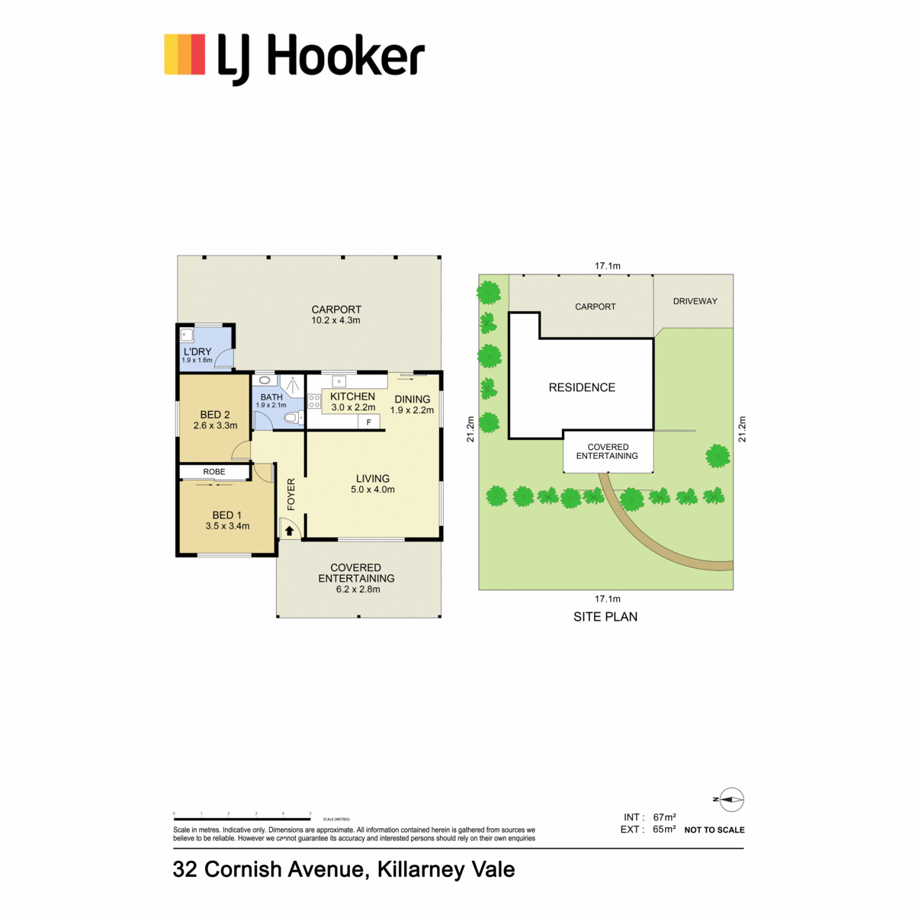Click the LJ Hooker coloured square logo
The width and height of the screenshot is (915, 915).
[x=185, y=54]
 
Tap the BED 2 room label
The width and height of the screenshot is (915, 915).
[x=214, y=415]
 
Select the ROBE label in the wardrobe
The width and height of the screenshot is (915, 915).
[x=213, y=471]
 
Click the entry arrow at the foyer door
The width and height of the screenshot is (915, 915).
[x=289, y=531]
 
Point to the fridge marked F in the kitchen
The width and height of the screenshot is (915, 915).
[x=368, y=422]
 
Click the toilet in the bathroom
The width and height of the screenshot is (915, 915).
[x=294, y=419]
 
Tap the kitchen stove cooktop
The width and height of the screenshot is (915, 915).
[x=314, y=401]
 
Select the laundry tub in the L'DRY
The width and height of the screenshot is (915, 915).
[x=186, y=335]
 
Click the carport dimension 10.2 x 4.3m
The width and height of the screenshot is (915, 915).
[x=335, y=320]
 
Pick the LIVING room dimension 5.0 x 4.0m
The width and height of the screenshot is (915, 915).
[x=373, y=489]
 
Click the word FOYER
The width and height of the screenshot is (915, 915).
[x=291, y=494]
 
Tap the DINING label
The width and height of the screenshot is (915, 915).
[x=413, y=400]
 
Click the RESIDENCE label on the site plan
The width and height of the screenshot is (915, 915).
[x=582, y=387]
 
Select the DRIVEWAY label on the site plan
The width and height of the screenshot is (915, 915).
[x=695, y=301]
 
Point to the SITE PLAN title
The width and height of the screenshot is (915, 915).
[x=605, y=617]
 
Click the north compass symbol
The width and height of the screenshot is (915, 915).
[x=730, y=800]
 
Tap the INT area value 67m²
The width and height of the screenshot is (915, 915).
[x=664, y=817]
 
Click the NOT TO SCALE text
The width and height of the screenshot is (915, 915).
[x=714, y=830]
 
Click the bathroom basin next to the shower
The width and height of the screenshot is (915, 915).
[x=265, y=380]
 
